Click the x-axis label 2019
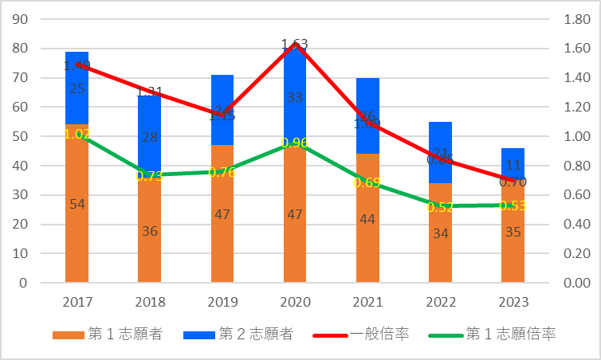222,303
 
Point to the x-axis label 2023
513,303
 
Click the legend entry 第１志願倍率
495,335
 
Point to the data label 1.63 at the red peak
294,45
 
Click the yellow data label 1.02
77,134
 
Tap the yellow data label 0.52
440,207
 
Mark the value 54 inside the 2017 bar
77,205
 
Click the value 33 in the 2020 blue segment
295,98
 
